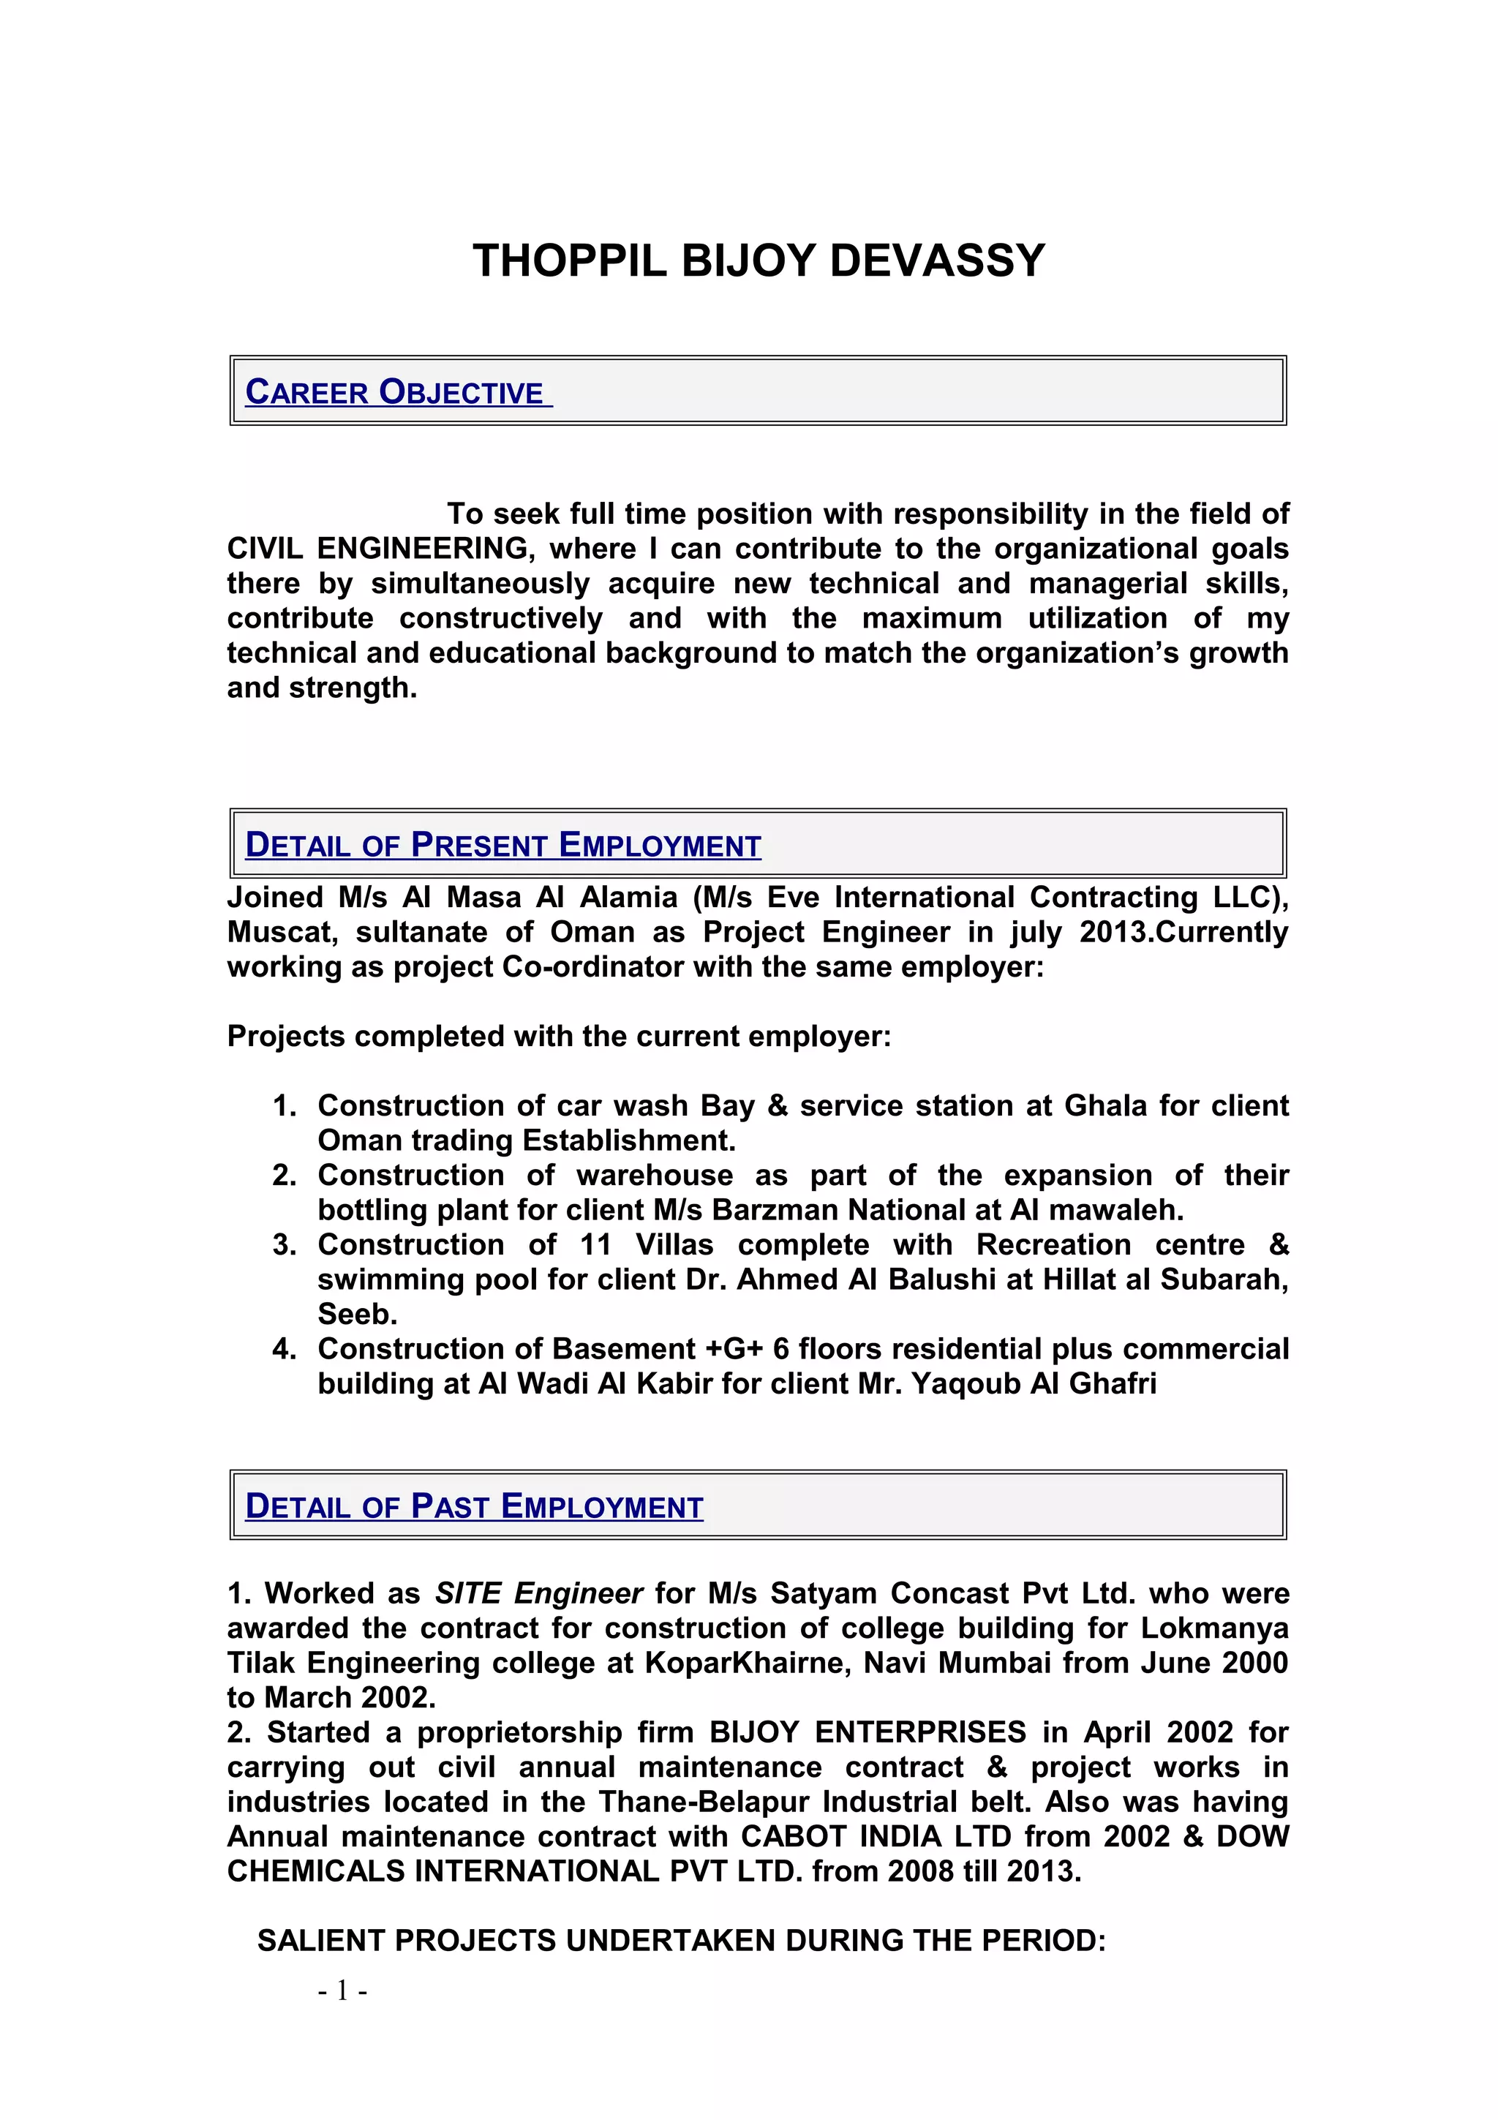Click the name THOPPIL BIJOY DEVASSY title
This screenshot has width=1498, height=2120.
[758, 260]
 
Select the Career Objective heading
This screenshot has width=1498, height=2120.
[397, 391]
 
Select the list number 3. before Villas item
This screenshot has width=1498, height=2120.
[285, 1244]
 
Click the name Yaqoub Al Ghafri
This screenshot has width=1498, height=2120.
[1034, 1383]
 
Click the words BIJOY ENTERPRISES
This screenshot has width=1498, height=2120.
[867, 1732]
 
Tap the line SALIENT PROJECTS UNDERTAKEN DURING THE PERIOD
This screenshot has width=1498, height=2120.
[681, 1940]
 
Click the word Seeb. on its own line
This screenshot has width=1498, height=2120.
[357, 1314]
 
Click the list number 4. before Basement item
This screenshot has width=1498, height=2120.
[285, 1349]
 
